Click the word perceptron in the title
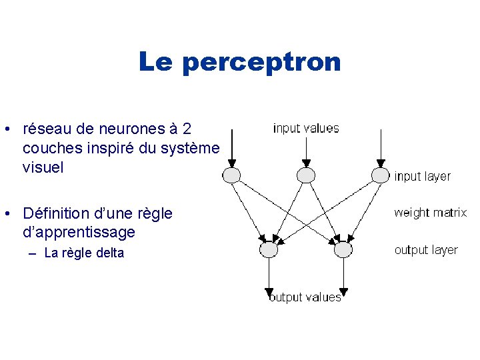tap(261, 62)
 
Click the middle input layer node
tap(305, 175)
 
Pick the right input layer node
tap(380, 175)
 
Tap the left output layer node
tap(269, 249)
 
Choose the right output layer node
tap(343, 249)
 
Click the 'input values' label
tap(306, 128)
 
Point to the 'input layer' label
tap(422, 177)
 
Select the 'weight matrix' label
tap(430, 213)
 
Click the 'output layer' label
tap(426, 250)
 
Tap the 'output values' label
tap(305, 297)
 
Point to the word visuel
tap(43, 167)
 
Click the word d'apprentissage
tap(79, 233)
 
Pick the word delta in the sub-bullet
tap(111, 253)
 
